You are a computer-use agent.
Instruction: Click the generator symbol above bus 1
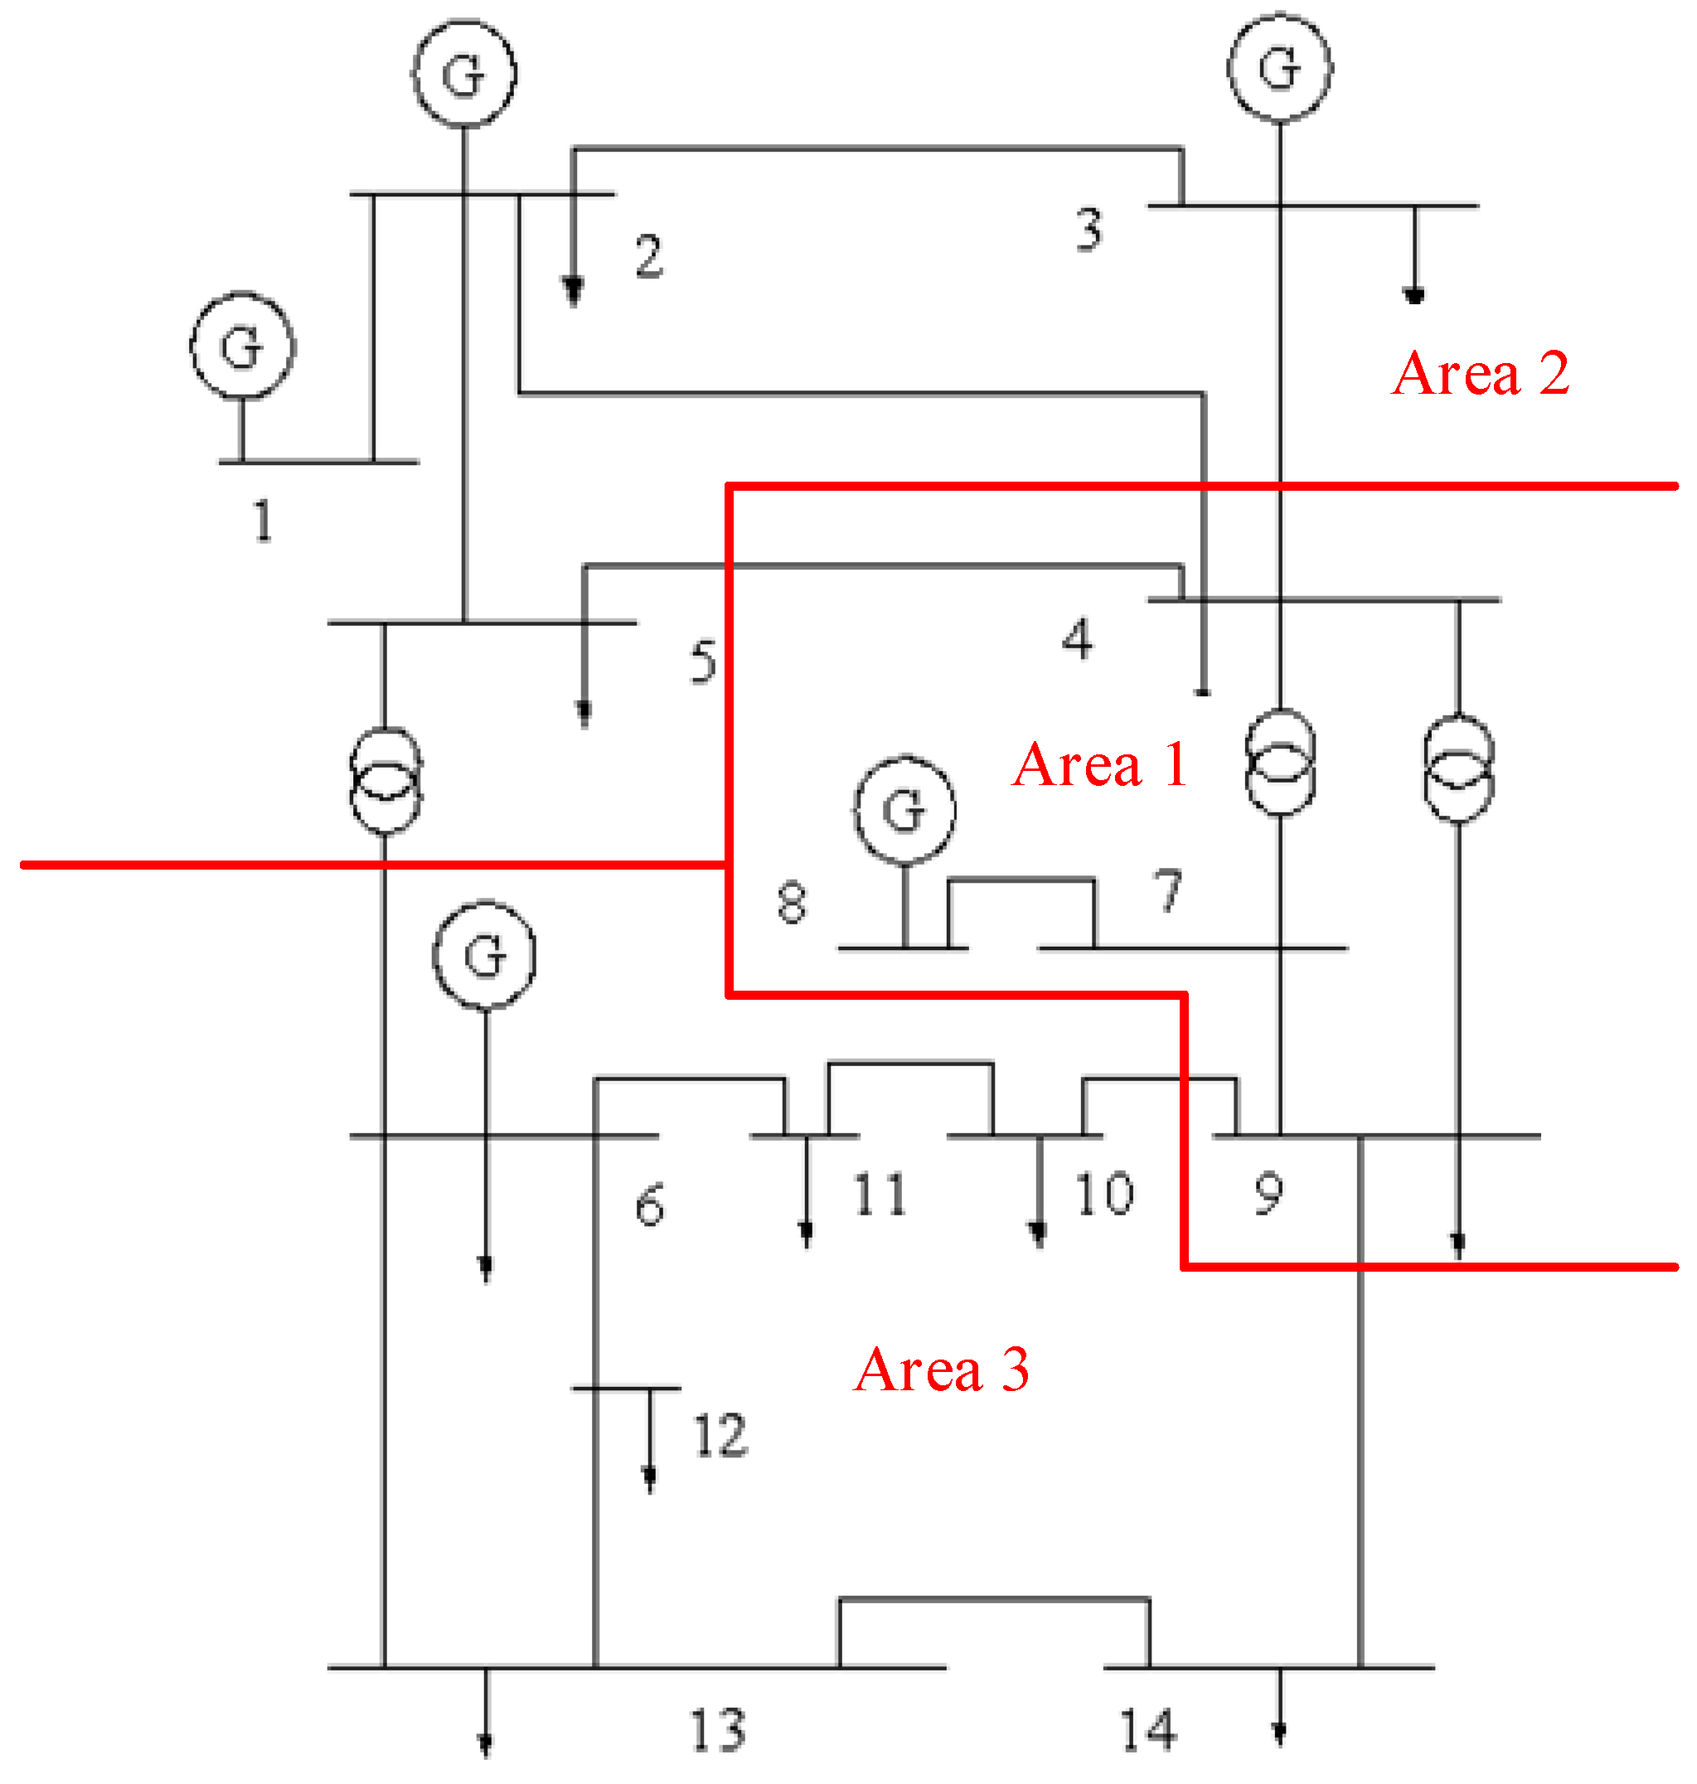click(x=242, y=346)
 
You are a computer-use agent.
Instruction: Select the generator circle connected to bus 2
click(x=464, y=72)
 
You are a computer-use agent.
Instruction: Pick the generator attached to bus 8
click(x=904, y=808)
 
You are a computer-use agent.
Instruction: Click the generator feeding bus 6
click(x=485, y=953)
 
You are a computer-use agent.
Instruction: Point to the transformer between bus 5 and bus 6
click(x=385, y=779)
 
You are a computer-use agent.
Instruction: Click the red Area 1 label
click(x=1099, y=764)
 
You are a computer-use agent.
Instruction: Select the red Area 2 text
click(x=1480, y=373)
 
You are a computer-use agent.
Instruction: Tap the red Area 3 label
click(x=942, y=1369)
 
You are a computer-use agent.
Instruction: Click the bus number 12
click(x=720, y=1436)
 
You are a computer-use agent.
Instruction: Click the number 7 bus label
click(x=1168, y=890)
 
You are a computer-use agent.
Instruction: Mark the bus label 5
click(x=703, y=662)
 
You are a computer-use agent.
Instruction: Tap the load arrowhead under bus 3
click(x=1413, y=295)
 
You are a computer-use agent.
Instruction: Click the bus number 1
click(x=262, y=521)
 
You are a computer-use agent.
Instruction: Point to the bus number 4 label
click(x=1076, y=638)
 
